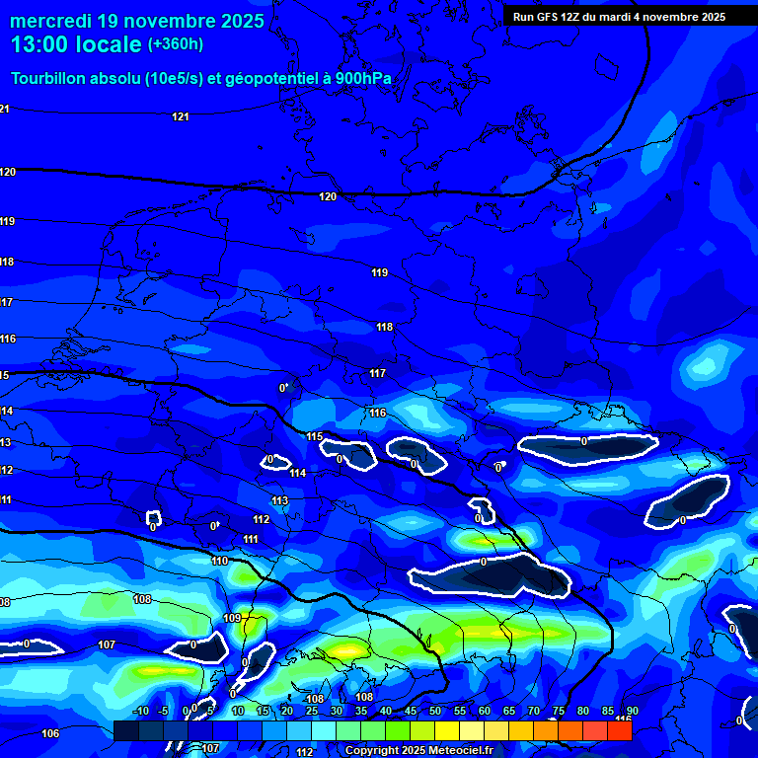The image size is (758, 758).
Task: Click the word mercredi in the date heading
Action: [x=45, y=21]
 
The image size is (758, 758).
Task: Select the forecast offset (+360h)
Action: [x=176, y=44]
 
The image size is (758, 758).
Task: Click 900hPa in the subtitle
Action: [x=364, y=79]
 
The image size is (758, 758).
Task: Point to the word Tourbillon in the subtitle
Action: [x=49, y=79]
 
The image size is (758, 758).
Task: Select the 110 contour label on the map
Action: [x=220, y=561]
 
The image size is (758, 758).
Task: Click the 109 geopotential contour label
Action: [x=232, y=618]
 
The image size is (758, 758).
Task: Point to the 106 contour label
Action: [x=51, y=733]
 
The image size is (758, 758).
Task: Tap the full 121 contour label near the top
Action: [x=181, y=117]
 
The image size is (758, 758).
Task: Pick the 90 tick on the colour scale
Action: [x=632, y=712]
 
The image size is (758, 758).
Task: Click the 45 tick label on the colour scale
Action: [x=410, y=712]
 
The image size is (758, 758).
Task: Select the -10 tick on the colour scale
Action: [x=140, y=712]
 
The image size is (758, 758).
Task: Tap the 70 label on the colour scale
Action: [x=533, y=712]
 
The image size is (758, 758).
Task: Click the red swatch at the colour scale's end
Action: [x=619, y=730]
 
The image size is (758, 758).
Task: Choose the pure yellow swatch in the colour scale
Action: [x=446, y=730]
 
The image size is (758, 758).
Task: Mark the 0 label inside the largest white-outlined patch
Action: [x=484, y=562]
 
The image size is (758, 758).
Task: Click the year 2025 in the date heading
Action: [x=242, y=21]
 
